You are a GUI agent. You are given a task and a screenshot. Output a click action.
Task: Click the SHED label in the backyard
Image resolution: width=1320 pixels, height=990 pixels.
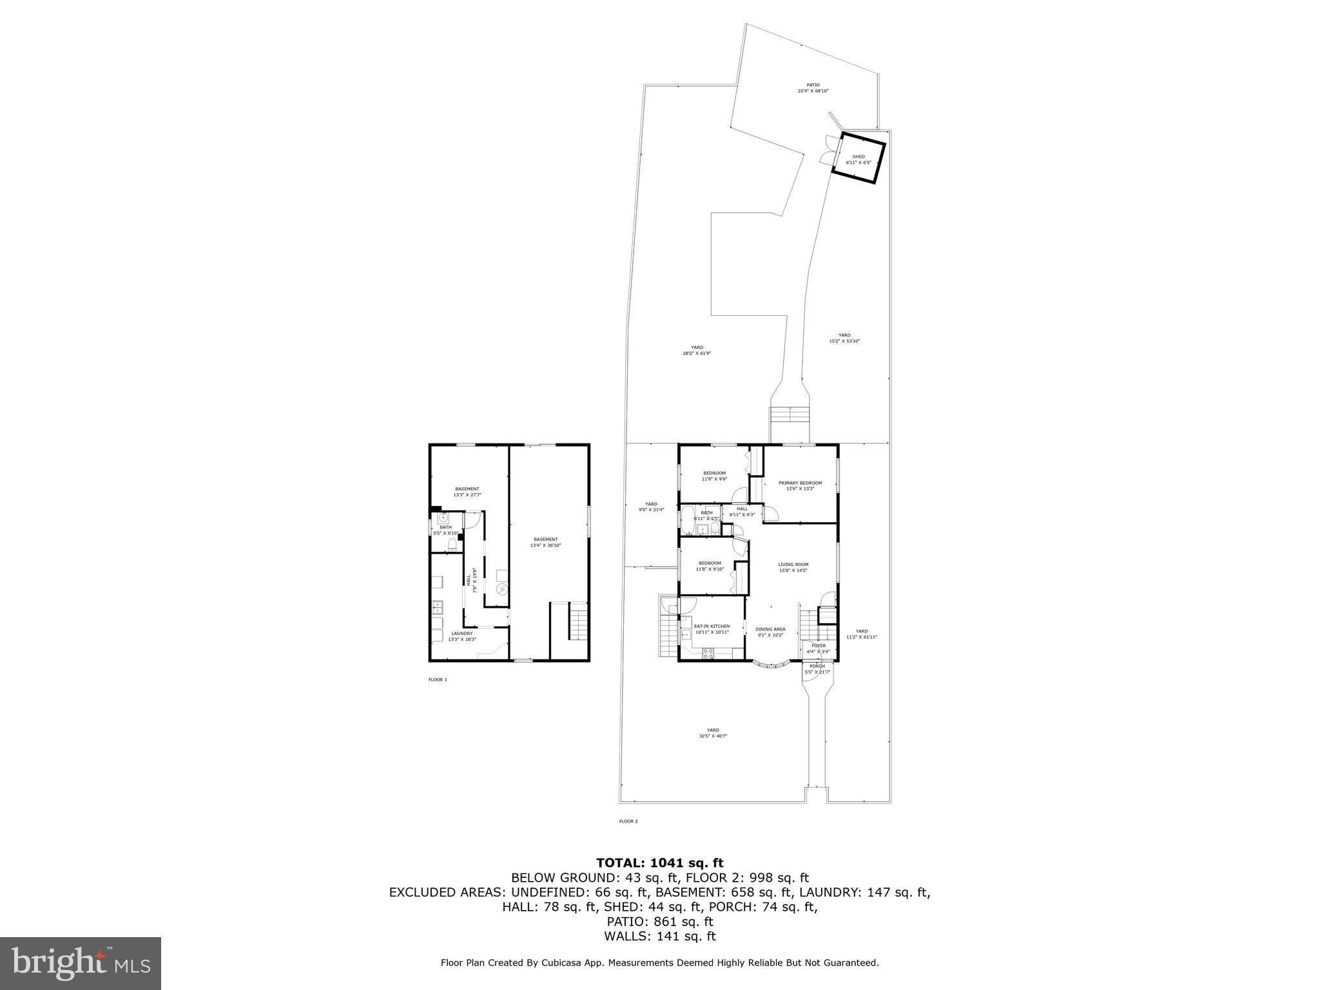(x=859, y=157)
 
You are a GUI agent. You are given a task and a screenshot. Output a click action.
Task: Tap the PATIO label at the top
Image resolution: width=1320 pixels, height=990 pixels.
(x=813, y=85)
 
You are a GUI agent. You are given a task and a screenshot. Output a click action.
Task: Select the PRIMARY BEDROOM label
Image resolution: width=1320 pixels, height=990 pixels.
(x=800, y=483)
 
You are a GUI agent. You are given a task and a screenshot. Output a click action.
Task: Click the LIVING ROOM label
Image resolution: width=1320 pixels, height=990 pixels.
(x=793, y=565)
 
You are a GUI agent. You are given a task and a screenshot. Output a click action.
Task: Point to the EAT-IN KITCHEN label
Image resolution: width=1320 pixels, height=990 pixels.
(x=712, y=626)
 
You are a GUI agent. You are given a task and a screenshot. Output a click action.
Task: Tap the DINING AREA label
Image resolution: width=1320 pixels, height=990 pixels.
(x=770, y=629)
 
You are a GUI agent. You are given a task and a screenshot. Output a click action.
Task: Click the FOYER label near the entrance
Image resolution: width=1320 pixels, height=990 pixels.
(x=818, y=645)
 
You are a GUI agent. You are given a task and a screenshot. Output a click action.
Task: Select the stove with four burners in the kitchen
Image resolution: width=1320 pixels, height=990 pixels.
(x=708, y=654)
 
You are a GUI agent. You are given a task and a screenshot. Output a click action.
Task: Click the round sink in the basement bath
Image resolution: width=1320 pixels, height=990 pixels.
(x=443, y=518)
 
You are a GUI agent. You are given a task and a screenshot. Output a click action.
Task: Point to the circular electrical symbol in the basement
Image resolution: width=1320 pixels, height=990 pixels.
(x=501, y=589)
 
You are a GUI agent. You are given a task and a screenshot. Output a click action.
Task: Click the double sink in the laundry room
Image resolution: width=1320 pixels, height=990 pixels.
(x=438, y=606)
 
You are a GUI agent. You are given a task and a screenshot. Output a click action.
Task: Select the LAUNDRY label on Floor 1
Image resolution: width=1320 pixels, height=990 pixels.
(x=461, y=633)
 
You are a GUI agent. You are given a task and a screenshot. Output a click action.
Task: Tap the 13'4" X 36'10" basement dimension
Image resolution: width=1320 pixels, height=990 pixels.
(x=545, y=545)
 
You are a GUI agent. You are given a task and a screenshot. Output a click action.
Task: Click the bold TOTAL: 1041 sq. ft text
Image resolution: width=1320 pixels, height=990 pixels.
(x=659, y=862)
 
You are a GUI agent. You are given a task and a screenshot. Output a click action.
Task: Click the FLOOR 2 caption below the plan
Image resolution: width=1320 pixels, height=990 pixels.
(x=628, y=821)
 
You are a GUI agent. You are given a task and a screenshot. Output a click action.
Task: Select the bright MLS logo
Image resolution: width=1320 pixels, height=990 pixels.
(x=81, y=963)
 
